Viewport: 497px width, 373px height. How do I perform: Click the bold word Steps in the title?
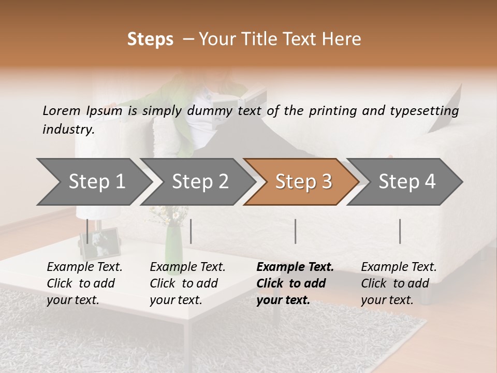point(150,39)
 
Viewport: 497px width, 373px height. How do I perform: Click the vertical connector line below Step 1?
point(87,231)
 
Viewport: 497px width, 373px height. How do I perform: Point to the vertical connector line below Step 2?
point(191,231)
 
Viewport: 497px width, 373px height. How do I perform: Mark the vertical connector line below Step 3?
point(295,231)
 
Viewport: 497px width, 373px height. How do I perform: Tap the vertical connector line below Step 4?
point(400,231)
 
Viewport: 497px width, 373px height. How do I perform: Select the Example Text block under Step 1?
point(84,283)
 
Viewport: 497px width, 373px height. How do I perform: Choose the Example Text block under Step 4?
point(399,283)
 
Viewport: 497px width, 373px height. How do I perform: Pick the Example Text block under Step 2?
point(187,283)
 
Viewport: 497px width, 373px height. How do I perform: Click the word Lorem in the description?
point(61,111)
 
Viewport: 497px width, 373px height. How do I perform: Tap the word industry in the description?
point(68,130)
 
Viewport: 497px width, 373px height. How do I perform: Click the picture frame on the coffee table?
point(100,244)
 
